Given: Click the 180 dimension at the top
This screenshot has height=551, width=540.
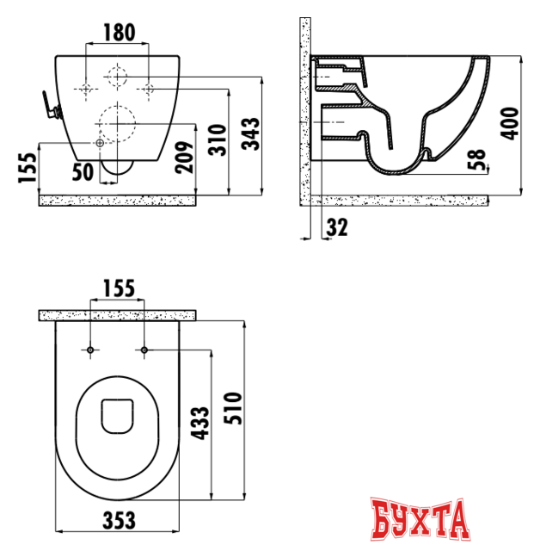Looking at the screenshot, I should pyautogui.click(x=119, y=34).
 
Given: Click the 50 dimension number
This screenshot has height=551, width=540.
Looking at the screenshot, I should pyautogui.click(x=83, y=170).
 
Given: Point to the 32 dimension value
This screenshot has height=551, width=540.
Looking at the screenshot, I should pyautogui.click(x=336, y=227).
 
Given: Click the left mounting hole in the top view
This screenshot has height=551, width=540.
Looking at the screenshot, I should pyautogui.click(x=90, y=350).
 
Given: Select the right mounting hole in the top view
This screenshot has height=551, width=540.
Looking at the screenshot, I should pyautogui.click(x=144, y=350).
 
